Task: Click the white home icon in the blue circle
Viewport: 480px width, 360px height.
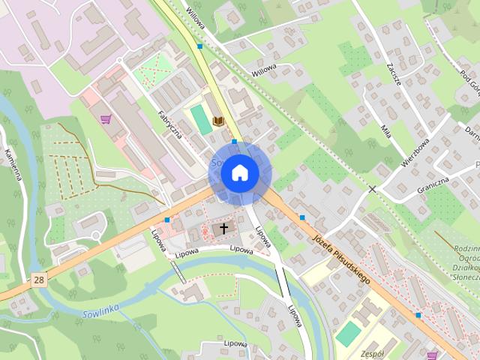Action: click(239, 172)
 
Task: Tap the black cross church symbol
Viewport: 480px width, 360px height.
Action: click(223, 229)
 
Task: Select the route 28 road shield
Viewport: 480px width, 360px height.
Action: click(38, 280)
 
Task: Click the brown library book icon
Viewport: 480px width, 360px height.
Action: click(218, 121)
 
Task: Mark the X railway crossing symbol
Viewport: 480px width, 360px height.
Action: click(372, 189)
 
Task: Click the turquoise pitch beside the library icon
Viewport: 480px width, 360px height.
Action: click(200, 118)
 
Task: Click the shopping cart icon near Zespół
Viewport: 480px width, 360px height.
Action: click(432, 355)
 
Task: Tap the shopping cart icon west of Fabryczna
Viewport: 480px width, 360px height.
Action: click(106, 118)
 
